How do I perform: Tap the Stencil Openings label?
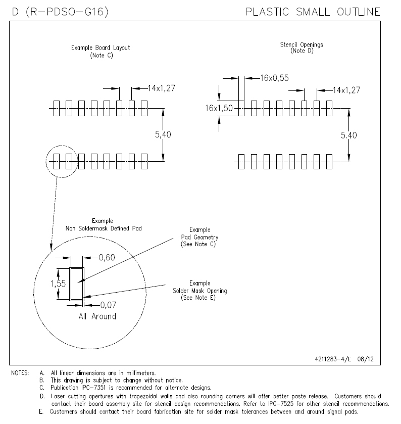[302, 45]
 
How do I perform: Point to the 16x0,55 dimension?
[275, 78]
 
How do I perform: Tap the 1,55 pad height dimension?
[58, 284]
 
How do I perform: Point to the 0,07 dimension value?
[108, 305]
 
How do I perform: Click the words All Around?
[97, 316]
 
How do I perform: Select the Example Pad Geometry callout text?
[200, 237]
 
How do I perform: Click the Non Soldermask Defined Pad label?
[104, 228]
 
